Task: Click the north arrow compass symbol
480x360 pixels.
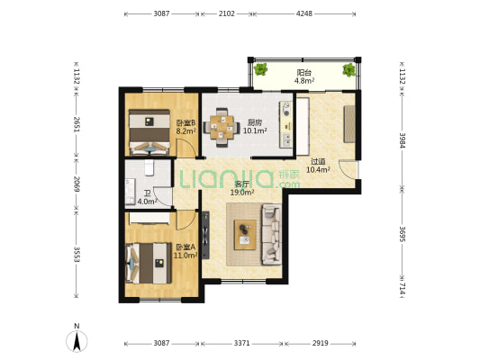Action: click(77, 340)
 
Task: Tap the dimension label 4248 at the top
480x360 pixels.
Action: click(304, 13)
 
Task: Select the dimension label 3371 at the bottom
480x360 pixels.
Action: click(242, 344)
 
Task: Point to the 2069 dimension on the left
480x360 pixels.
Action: click(77, 184)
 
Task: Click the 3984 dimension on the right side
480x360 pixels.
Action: click(403, 140)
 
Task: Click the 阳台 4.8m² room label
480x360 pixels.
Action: click(304, 76)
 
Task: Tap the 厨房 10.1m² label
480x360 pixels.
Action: click(255, 127)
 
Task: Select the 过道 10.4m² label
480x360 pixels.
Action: click(318, 166)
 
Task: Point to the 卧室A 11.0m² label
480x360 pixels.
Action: click(186, 251)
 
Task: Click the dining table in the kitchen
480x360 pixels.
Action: click(222, 127)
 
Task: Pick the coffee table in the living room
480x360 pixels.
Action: click(245, 235)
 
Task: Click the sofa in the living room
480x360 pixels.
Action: click(272, 235)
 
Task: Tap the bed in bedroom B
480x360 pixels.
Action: click(149, 132)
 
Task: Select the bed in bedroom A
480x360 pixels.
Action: click(149, 263)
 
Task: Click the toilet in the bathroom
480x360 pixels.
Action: click(149, 167)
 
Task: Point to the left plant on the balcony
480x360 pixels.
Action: click(260, 69)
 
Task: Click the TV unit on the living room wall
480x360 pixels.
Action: click(205, 235)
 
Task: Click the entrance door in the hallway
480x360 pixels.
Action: click(349, 169)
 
